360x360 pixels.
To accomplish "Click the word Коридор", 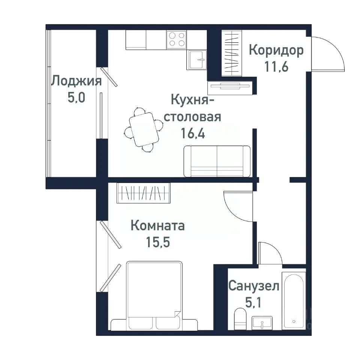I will pos(276,50).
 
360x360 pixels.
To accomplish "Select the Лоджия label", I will pos(76,81).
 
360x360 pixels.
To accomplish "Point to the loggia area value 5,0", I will pos(76,98).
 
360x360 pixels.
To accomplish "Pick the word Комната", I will pos(157,226).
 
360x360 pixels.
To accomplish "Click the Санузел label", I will pos(254,287).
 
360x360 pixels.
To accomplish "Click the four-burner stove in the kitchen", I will pos(177,39).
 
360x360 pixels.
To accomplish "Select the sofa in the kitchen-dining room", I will pos(217,161).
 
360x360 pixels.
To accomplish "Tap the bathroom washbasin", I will pos(262,322).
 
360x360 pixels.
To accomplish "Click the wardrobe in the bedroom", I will pos(144,193).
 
